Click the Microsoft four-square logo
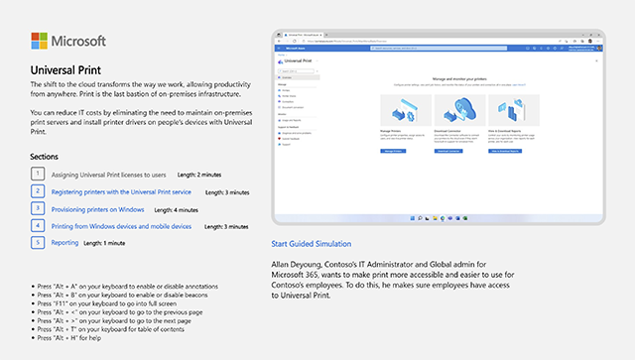40,42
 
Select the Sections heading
45,157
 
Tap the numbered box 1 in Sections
38,174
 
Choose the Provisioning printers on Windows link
98,209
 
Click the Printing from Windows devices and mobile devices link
121,226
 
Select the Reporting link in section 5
64,242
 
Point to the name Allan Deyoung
298,263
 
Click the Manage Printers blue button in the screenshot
392,151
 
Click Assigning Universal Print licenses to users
108,174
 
